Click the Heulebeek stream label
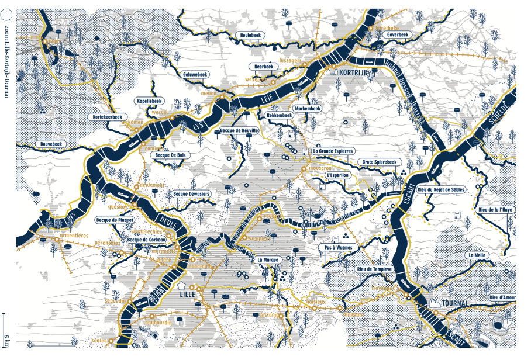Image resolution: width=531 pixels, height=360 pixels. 253,36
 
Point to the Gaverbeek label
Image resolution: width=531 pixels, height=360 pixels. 398,35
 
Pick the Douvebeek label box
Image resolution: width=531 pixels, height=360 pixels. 51,144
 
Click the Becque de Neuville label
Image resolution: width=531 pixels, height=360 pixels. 239,131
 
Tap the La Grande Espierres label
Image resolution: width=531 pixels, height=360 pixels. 333,151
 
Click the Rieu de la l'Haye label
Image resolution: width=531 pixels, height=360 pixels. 495,210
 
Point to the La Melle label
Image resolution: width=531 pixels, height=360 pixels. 477,255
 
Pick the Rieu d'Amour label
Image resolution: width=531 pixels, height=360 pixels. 502,298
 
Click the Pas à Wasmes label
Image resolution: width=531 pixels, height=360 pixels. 338,248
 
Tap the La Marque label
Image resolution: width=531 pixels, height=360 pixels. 270,259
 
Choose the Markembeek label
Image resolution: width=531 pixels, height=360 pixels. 307,109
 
